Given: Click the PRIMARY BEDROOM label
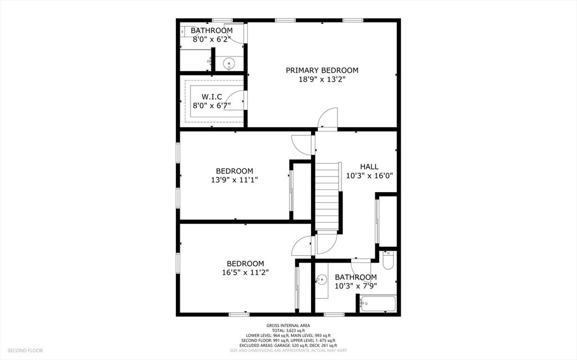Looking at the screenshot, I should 322,70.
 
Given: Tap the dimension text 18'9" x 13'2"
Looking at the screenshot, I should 322,79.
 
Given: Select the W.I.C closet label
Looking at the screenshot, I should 211,96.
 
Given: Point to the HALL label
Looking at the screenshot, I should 369,167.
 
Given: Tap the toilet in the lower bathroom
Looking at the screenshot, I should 388,260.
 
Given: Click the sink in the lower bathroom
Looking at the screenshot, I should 322,279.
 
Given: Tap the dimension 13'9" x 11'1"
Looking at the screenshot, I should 234,180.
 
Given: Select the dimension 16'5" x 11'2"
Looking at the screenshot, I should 245,272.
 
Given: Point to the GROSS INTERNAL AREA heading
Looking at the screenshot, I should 288,326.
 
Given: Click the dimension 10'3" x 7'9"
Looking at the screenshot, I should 356,286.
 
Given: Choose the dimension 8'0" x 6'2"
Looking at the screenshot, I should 211,39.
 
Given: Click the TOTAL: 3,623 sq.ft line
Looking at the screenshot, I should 288,331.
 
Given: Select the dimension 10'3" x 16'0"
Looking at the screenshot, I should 369,176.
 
